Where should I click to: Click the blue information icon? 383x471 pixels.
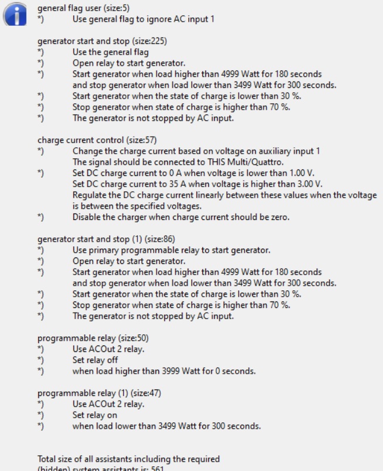click(x=16, y=13)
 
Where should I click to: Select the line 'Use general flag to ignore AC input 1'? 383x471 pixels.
click(x=143, y=19)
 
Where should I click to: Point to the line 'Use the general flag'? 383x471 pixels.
click(x=110, y=52)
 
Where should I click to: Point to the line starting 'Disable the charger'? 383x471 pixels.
click(x=181, y=217)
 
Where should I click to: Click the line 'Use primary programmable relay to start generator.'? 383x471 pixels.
click(x=171, y=250)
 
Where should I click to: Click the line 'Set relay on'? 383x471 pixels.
click(x=95, y=415)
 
